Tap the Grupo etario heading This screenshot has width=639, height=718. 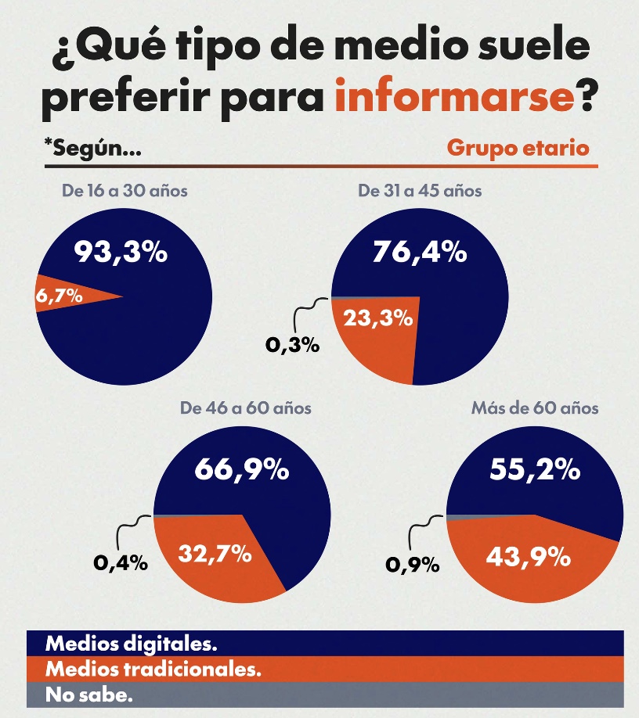point(518,148)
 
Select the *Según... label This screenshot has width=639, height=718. point(93,148)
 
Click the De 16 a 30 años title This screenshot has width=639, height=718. point(125,190)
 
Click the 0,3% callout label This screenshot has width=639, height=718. point(293,344)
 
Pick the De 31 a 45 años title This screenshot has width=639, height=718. point(420,190)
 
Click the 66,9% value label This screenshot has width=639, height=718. point(241,469)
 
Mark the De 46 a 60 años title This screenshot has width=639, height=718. point(246,407)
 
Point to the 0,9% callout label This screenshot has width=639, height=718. point(413,562)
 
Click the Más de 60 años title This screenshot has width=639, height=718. point(535,407)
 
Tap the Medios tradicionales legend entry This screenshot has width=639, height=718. point(153,669)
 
